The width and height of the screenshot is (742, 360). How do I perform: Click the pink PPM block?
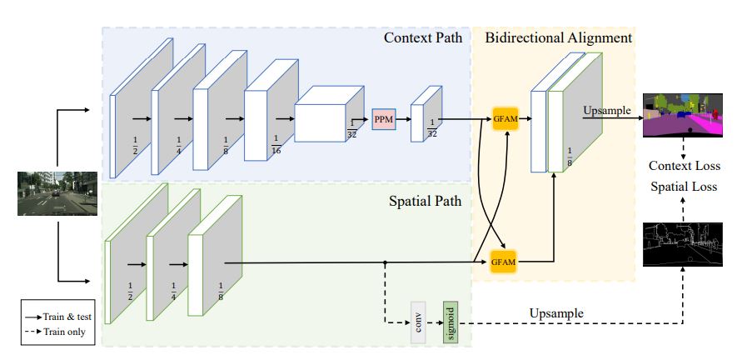click(x=383, y=119)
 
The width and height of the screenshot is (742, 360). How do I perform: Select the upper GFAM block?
click(x=505, y=119)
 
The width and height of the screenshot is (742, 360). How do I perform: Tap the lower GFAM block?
click(x=504, y=262)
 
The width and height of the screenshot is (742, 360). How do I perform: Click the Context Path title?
click(x=422, y=38)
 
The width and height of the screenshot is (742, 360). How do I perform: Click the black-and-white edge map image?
click(x=682, y=242)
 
